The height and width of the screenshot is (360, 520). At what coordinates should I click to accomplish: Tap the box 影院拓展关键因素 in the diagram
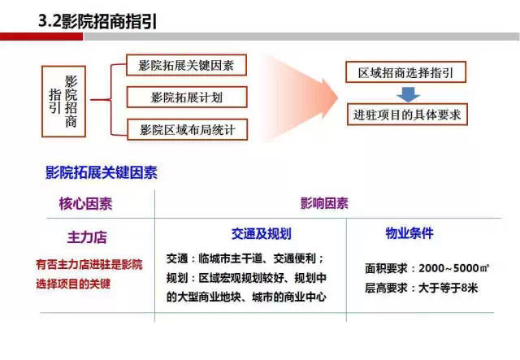186,66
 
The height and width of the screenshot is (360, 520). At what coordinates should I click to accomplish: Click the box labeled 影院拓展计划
186,98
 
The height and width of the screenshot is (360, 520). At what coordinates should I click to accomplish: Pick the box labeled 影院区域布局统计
186,129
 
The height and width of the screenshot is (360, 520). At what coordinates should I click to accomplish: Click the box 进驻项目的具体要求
406,115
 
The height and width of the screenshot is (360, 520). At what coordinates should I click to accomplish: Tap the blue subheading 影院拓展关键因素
102,172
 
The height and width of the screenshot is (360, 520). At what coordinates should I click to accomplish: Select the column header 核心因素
84,203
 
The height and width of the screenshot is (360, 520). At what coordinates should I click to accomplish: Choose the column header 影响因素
324,203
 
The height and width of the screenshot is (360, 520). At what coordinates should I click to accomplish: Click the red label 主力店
87,238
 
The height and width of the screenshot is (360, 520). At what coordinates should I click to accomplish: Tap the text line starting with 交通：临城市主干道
245,258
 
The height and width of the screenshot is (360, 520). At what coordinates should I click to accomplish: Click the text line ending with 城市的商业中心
246,297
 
